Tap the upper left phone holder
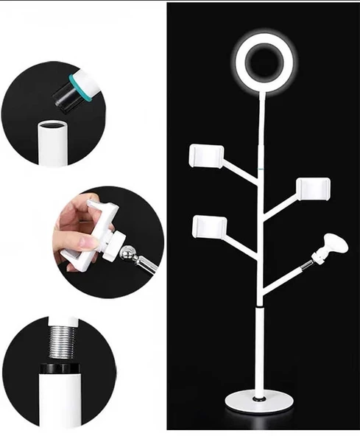pyautogui.click(x=205, y=155)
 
